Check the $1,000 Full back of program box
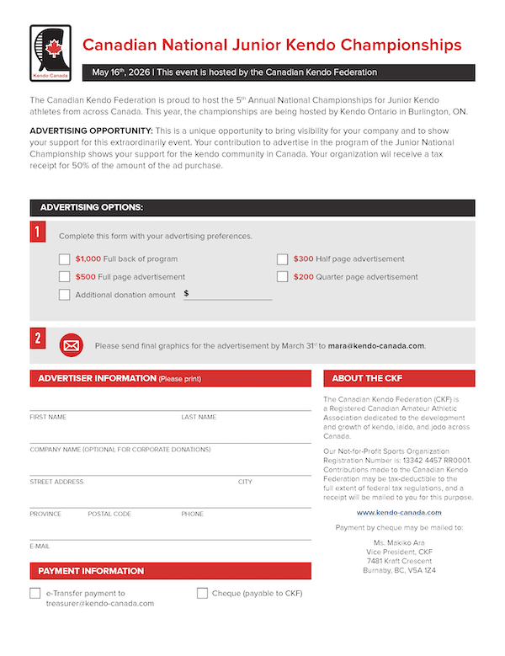click(65, 259)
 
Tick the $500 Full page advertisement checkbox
click(65, 276)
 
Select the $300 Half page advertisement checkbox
click(283, 259)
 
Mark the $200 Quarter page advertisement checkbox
click(283, 276)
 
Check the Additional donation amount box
click(65, 295)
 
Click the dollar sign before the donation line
click(186, 294)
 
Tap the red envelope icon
click(72, 345)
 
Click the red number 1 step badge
click(38, 232)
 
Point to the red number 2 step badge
click(38, 339)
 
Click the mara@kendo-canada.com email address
click(376, 346)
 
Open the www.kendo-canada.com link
click(399, 512)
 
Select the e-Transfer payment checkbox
click(35, 593)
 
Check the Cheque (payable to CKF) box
click(202, 593)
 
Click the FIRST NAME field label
click(48, 417)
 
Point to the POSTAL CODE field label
click(109, 514)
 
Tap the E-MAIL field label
click(40, 547)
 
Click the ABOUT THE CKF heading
click(367, 379)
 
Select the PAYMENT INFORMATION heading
click(91, 571)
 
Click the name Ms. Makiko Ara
click(399, 541)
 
